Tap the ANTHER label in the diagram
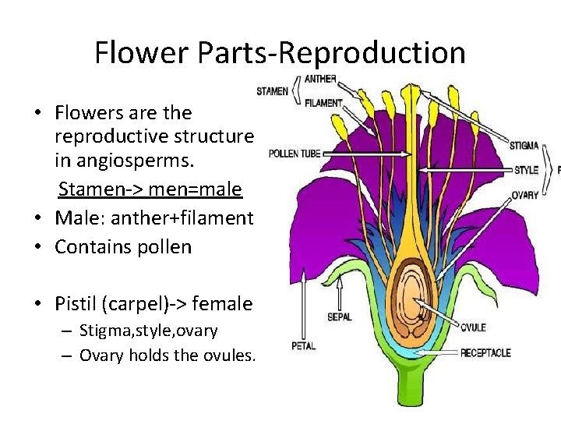coord(320,79)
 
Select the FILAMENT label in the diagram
coord(323,102)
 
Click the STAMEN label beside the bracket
coord(273,91)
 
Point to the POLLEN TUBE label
coord(295,154)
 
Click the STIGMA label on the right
coord(525,145)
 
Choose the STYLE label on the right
coord(526,170)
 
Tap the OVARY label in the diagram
coord(525,195)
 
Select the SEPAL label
coord(339,317)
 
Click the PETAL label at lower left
coord(303,345)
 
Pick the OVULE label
coord(473,327)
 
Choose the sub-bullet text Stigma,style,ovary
coord(149,331)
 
